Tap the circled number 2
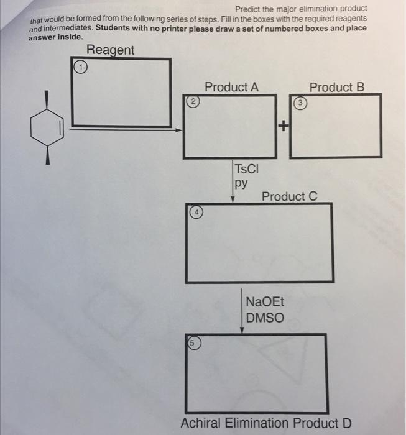coord(193,101)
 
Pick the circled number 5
coord(193,342)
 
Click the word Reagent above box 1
coord(110,50)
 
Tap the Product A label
coord(231,87)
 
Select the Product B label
coord(336,87)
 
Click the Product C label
coord(289,196)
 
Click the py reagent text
coord(241,183)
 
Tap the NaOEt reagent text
coord(264,303)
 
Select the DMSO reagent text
coord(264,318)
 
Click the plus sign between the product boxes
coord(284,127)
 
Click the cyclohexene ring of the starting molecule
coord(47,129)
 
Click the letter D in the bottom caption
coord(346,423)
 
